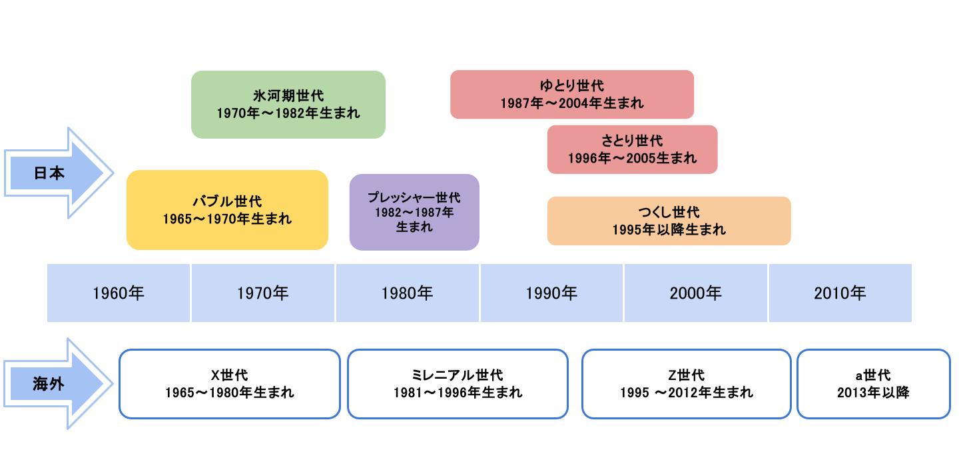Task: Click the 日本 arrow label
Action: point(49,173)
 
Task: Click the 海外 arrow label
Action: point(49,384)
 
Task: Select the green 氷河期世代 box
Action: point(288,105)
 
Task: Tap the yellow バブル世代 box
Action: point(227,210)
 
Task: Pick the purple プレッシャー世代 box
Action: point(414,212)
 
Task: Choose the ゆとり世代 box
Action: point(571,95)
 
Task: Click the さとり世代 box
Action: point(632,149)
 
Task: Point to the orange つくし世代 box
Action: point(669,221)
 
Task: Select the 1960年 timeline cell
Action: point(119,293)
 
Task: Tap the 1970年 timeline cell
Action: point(263,293)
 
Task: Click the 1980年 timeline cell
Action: point(407,293)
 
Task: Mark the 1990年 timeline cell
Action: point(551,293)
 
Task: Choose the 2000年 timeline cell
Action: point(696,293)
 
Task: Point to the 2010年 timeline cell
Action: point(840,293)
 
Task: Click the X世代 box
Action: point(229,384)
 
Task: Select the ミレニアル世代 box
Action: point(458,384)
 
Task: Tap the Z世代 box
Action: point(686,384)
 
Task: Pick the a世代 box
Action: point(873,384)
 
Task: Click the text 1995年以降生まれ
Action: point(669,230)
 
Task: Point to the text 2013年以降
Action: point(873,393)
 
